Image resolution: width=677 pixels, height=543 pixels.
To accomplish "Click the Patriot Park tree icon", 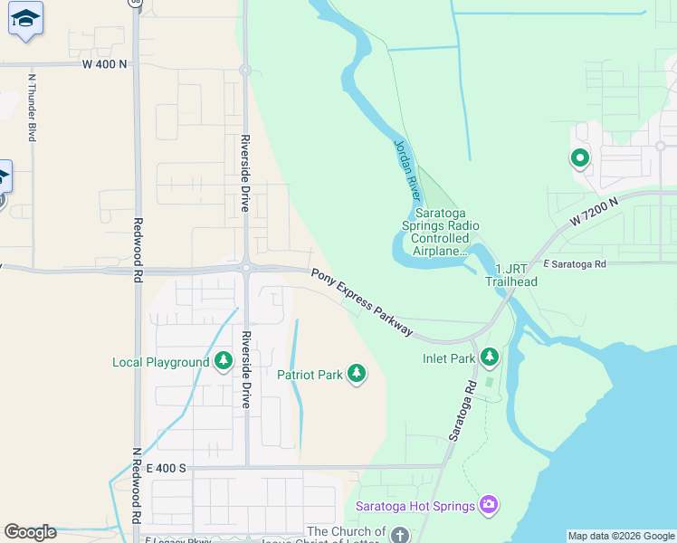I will [357, 373].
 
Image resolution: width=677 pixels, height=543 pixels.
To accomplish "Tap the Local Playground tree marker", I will [224, 362].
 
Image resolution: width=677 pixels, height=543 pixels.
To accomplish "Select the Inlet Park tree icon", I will [489, 357].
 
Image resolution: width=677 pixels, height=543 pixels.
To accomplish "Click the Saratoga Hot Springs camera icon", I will [489, 504].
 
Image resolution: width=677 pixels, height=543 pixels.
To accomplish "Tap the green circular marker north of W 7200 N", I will [579, 159].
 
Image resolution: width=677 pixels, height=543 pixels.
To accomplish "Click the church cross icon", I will [399, 535].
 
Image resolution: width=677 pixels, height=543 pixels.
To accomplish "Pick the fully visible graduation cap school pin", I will [25, 19].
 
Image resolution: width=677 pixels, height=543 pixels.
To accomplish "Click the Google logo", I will [30, 532].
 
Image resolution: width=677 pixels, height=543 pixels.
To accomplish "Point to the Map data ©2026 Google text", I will [621, 536].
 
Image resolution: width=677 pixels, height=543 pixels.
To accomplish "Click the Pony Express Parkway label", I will [362, 303].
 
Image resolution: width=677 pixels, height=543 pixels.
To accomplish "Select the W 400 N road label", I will [106, 64].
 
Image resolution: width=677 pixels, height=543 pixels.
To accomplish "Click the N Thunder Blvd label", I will [32, 107].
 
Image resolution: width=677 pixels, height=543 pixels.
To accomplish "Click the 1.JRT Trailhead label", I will [511, 274].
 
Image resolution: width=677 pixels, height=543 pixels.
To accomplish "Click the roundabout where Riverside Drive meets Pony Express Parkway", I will [245, 267].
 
